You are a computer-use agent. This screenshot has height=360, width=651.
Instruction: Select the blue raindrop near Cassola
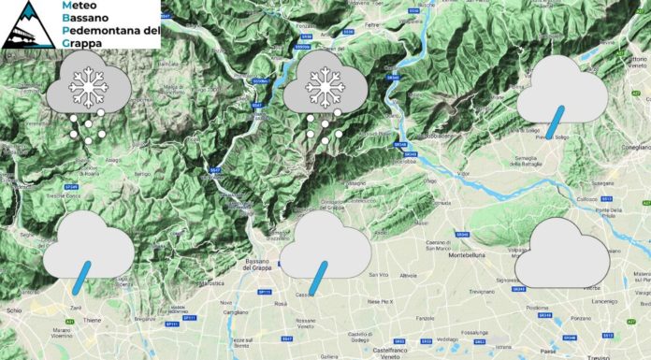click(320, 278)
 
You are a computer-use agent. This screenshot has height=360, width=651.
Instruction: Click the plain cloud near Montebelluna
click(561, 252)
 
